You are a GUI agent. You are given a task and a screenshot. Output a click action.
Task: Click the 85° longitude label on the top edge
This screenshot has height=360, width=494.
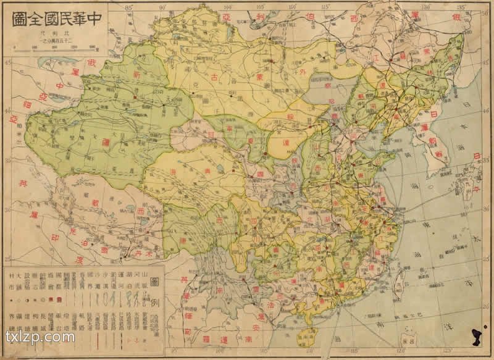pyautogui.click(x=129, y=7)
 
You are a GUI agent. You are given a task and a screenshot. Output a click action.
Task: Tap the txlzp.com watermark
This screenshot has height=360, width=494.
pyautogui.click(x=40, y=337)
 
